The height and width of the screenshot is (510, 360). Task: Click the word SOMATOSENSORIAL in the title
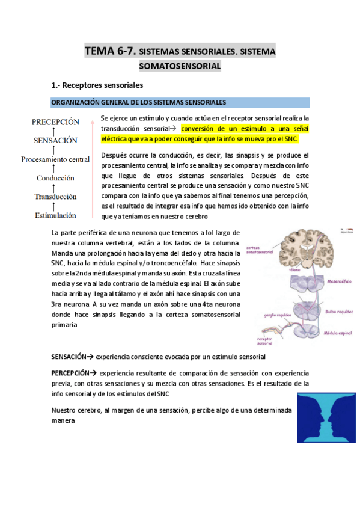point(180,66)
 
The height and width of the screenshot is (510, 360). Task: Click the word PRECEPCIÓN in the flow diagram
point(55,121)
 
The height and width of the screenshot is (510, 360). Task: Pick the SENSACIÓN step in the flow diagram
point(55,140)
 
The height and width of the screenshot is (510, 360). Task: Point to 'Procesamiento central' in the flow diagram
point(55,159)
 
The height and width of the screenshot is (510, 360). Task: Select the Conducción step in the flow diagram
point(55,178)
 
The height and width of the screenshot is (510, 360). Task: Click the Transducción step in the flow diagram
point(55,197)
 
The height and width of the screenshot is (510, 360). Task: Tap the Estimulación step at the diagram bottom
point(55,215)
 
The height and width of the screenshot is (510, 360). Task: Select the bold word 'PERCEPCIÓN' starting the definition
point(70,373)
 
